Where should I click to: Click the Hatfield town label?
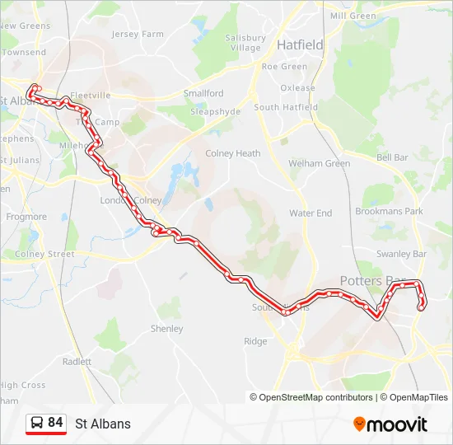300,44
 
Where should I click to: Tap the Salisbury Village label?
245,43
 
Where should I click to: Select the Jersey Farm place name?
138,35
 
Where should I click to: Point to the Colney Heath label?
232,153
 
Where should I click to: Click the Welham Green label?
319,163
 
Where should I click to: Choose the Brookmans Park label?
389,212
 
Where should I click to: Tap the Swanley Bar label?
401,255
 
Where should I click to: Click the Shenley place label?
166,329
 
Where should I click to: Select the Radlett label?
77,361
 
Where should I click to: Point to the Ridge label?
255,341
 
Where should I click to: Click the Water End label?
311,213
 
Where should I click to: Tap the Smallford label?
203,94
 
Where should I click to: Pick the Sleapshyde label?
215,110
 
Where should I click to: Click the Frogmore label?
26,217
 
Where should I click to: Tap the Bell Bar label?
392,157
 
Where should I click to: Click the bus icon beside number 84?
36,424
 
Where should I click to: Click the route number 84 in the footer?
55,423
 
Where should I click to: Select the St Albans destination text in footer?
103,424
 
